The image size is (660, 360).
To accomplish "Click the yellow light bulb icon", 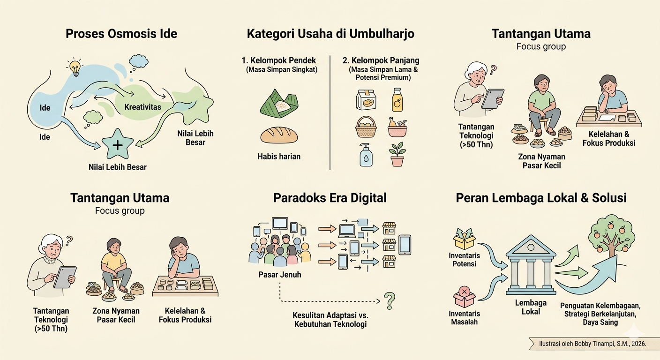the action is tap(75, 67).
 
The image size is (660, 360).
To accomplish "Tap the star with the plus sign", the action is tap(118, 144).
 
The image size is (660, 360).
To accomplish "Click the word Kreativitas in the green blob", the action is tap(142, 107).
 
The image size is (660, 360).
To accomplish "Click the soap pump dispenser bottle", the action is tap(366, 155).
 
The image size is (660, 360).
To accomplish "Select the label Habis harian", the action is tap(279, 157).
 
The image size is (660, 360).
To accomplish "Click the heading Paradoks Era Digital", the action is tap(330, 198).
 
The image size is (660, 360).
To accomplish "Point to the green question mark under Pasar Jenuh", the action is tap(390, 301).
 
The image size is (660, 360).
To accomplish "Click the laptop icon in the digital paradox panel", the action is tap(347, 231).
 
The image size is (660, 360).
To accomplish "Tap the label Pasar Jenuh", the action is tap(280, 275).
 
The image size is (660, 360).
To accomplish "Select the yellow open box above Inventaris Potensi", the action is tap(464, 239).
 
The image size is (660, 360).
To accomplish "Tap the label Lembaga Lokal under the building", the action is tap(531, 307).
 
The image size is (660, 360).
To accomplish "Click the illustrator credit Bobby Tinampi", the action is tap(592, 344).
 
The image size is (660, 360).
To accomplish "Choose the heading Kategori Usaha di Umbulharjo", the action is tap(330, 34).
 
